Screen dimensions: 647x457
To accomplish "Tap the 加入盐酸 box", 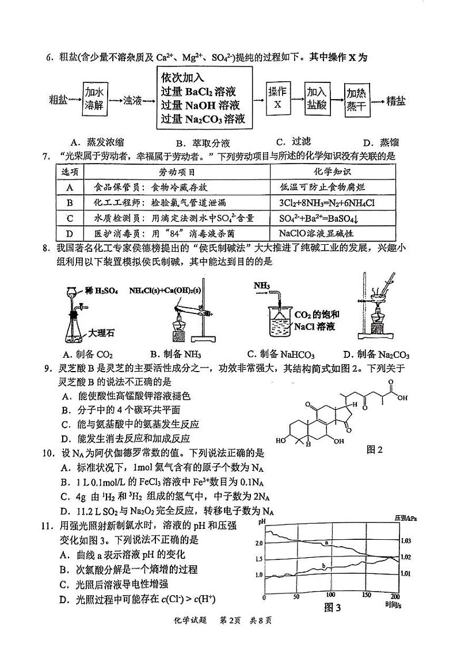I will pyautogui.click(x=316, y=99).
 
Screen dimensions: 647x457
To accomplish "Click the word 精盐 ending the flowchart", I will pyautogui.click(x=396, y=101).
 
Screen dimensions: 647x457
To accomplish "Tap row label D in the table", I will pyautogui.click(x=70, y=234).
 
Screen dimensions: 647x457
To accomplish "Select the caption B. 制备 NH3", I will pyautogui.click(x=175, y=354).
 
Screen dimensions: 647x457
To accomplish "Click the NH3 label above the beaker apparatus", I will pyautogui.click(x=261, y=286).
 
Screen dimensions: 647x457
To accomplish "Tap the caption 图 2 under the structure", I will pyautogui.click(x=374, y=449).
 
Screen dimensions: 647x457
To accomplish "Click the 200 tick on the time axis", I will pyautogui.click(x=395, y=596).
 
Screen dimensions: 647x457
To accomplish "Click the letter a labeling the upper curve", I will pyautogui.click(x=326, y=543).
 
